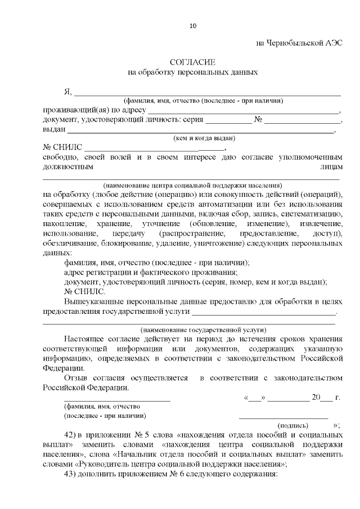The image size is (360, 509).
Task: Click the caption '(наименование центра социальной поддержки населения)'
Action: point(192,185)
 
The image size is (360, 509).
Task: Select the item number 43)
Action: point(70,474)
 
